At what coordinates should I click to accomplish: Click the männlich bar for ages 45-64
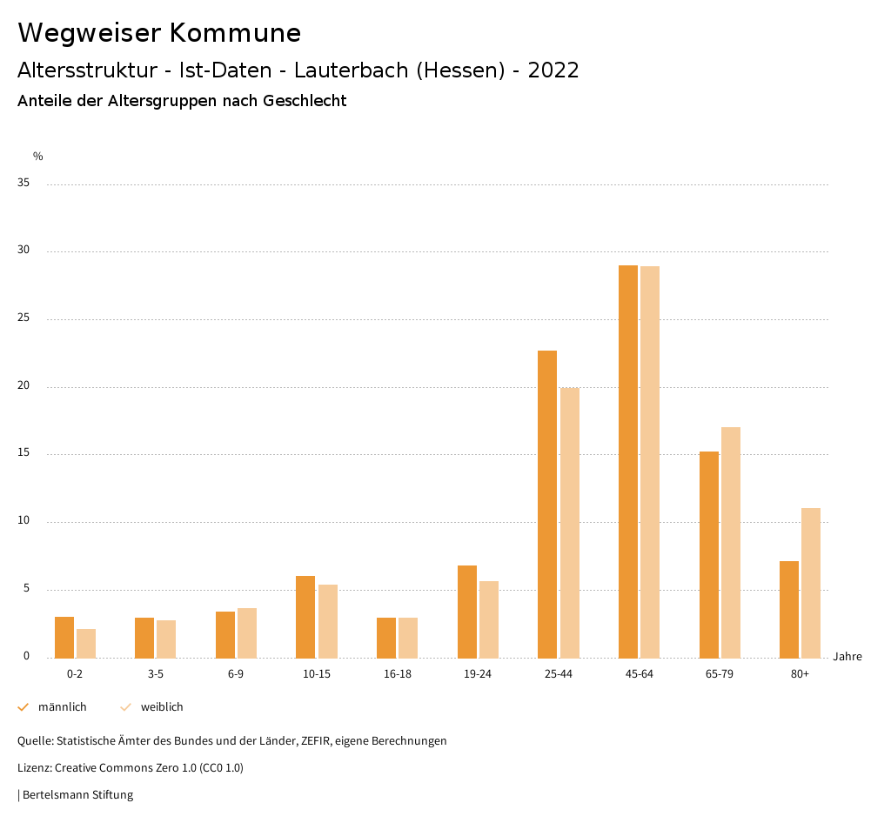(627, 461)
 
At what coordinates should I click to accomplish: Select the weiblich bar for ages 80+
(811, 583)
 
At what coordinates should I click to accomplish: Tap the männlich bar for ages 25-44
(547, 505)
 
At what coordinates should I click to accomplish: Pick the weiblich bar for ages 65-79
(731, 542)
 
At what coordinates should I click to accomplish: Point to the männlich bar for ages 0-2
(64, 637)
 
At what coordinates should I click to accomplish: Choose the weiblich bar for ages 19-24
(489, 619)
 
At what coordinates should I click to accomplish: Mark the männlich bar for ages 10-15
(305, 617)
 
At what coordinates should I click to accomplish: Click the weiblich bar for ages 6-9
(247, 632)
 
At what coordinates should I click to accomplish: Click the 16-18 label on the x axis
(397, 674)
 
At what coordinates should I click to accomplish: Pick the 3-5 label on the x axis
(155, 674)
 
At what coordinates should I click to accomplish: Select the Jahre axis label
(847, 657)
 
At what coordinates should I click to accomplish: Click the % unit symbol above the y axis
(38, 157)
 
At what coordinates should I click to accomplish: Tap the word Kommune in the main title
(235, 33)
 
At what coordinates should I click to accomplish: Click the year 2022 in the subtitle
(553, 70)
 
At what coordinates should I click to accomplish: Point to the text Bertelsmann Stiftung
(77, 794)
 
